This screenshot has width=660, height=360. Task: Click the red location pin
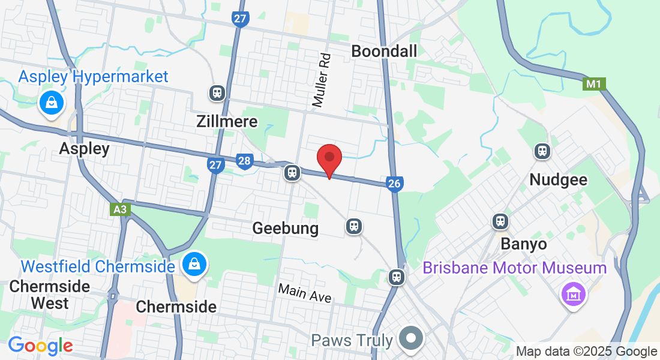point(329,158)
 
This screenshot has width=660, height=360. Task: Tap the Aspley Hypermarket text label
point(93,77)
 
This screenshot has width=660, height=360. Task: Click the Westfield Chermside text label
point(97,266)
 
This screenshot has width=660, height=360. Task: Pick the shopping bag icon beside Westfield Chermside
point(194,263)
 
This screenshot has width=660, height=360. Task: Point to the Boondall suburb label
point(384,51)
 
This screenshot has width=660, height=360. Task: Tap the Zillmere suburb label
point(227,122)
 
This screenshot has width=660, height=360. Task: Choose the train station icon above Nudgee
point(542,151)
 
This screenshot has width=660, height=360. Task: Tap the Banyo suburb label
point(524,244)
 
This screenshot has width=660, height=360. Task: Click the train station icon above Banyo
point(500,221)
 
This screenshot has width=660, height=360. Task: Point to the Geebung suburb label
point(285,228)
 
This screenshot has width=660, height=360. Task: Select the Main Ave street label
point(304,293)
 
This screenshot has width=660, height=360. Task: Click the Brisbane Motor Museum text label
point(515,268)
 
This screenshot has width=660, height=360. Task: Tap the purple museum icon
point(573,295)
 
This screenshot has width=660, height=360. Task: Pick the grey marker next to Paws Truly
point(411,339)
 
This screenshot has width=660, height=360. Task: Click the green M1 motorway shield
point(593,84)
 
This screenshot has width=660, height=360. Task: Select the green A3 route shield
point(120,209)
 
